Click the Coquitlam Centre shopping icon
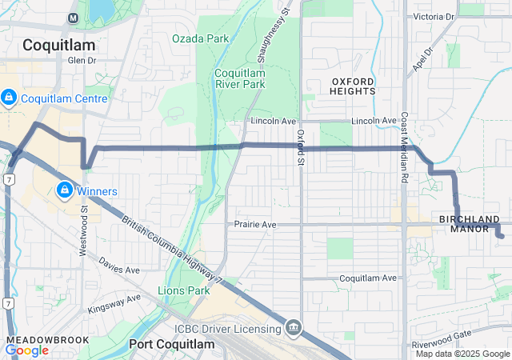pos(8,98)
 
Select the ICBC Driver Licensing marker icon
pos(294,327)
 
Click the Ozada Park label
pos(200,38)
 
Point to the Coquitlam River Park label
pos(240,78)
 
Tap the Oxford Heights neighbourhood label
pos(353,86)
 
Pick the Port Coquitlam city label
pos(171,344)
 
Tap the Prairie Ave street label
pos(255,225)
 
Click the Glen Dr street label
pos(82,60)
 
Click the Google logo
pos(26,350)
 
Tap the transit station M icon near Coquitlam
pos(73,18)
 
